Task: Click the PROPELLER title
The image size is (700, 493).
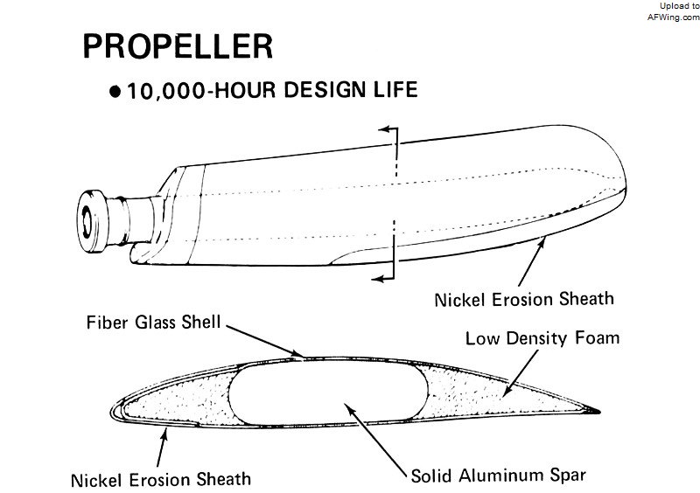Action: click(178, 46)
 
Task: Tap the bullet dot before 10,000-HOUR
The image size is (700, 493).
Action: click(115, 92)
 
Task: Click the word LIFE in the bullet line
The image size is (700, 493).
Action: click(395, 89)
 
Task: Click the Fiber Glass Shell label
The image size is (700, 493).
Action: click(154, 323)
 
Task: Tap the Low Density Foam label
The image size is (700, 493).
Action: click(542, 337)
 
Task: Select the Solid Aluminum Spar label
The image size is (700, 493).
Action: click(498, 476)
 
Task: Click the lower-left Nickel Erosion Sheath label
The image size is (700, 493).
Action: click(161, 480)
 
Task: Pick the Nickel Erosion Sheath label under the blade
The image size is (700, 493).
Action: click(524, 299)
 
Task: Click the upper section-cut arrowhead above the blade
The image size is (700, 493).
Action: click(382, 129)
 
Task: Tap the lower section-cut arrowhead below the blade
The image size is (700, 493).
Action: click(377, 279)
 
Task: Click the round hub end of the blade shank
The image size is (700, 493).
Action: click(92, 221)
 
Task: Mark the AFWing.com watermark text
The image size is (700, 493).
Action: click(674, 17)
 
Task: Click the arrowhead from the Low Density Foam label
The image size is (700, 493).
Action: click(507, 392)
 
